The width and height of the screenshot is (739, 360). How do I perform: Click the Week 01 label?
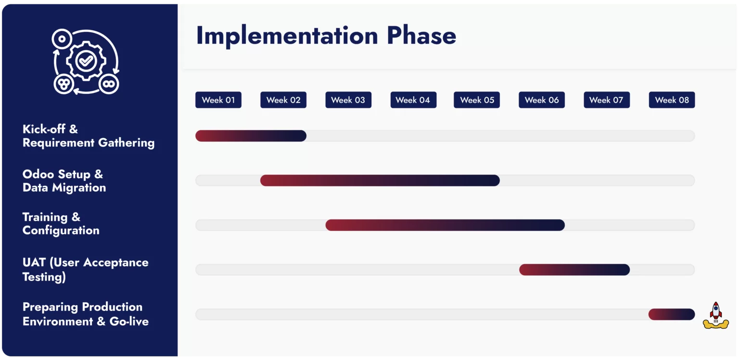[218, 100]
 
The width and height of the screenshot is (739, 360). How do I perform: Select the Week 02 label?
[283, 100]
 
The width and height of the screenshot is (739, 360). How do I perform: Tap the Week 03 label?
[348, 100]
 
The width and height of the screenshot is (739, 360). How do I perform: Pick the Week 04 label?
[413, 100]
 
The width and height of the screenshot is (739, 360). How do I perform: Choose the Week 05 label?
[477, 100]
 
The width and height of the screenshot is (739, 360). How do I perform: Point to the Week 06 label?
[542, 100]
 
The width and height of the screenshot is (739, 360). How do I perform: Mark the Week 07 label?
[607, 100]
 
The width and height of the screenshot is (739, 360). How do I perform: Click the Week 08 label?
[672, 100]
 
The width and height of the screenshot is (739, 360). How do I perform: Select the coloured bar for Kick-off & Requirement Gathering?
[251, 136]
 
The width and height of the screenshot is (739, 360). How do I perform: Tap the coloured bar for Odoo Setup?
[380, 180]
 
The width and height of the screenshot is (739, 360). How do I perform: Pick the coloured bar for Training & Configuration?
[445, 225]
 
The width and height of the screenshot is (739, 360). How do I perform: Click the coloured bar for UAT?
[574, 270]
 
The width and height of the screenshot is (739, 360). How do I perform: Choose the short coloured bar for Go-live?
[672, 314]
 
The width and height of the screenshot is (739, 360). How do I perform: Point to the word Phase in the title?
[421, 36]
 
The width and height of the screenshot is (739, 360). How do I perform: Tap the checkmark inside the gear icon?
[86, 61]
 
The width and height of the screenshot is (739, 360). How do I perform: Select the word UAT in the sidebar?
[34, 263]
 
